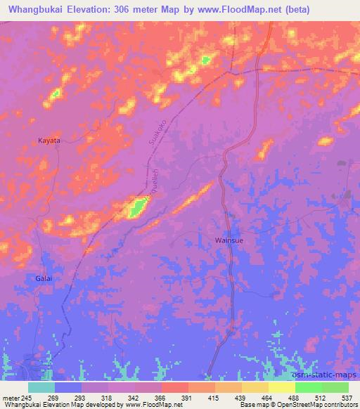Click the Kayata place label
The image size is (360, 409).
click(49, 141)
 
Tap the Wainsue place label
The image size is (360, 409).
click(229, 240)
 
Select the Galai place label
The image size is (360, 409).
click(44, 279)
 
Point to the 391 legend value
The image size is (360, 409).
click(188, 397)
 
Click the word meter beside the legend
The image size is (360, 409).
click(11, 397)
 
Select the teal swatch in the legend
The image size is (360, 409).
click(41, 387)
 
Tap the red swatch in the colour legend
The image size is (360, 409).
click(175, 387)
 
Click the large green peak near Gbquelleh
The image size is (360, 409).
click(136, 207)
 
